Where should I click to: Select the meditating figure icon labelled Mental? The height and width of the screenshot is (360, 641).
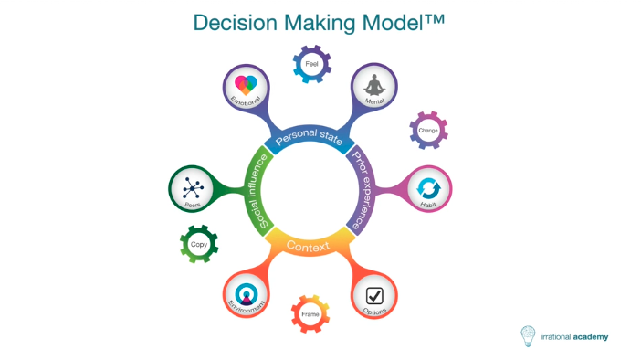tap(374, 86)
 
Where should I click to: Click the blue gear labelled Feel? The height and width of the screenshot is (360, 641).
tap(311, 65)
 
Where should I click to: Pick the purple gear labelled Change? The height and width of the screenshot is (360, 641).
tap(428, 131)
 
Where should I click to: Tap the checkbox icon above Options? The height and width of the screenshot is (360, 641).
tap(375, 295)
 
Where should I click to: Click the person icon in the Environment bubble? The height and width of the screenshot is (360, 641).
tap(247, 294)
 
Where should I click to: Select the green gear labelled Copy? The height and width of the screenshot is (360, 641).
tap(199, 245)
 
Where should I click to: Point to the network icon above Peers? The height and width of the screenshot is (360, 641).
tap(193, 188)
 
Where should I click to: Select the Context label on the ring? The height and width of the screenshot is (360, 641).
tap(308, 246)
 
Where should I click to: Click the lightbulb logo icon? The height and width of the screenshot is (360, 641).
tap(529, 336)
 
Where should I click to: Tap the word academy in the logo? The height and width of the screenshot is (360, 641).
tap(587, 336)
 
